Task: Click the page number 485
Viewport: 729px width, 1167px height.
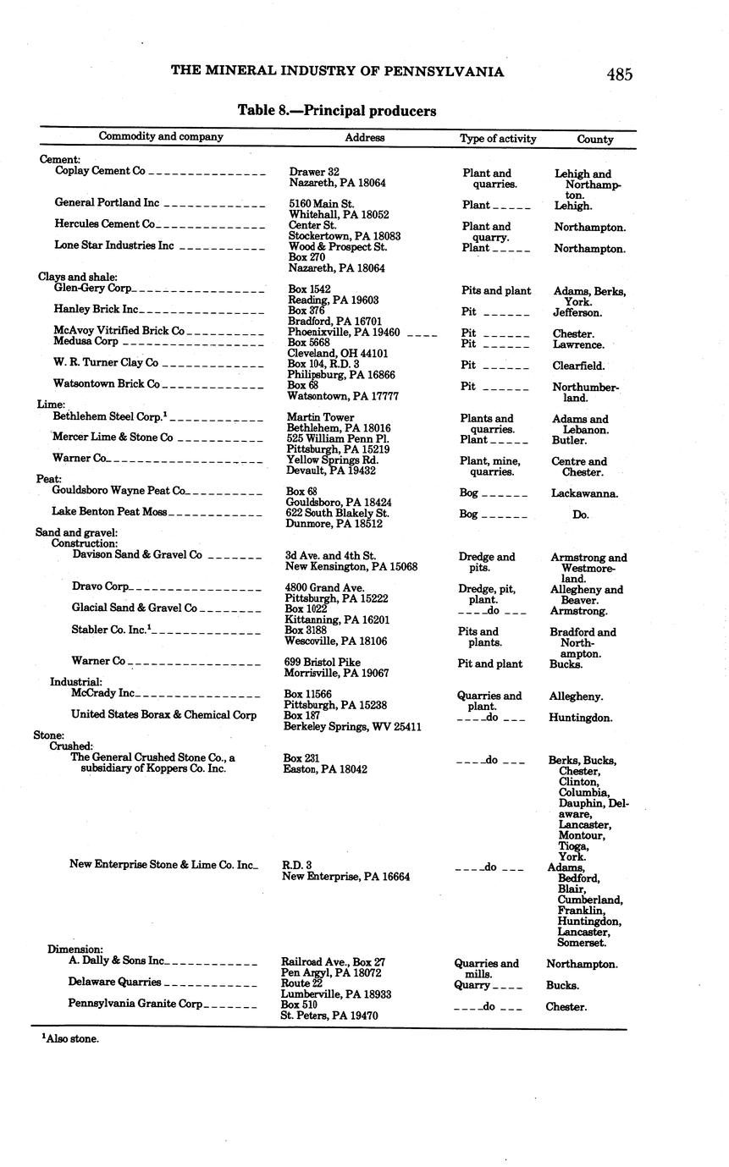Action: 619,74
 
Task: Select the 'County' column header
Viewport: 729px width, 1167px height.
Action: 595,139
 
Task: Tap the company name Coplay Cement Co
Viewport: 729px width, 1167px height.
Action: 100,171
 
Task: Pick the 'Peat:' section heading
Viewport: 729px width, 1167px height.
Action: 49,479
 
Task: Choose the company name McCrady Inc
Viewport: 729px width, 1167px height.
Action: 102,693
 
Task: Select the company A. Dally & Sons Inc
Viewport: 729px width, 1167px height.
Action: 116,961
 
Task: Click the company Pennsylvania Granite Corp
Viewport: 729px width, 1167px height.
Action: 135,1004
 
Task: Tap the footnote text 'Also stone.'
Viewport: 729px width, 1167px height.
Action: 71,1038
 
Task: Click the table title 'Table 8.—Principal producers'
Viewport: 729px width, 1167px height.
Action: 337,111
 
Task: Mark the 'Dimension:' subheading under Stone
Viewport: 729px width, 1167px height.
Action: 75,950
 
